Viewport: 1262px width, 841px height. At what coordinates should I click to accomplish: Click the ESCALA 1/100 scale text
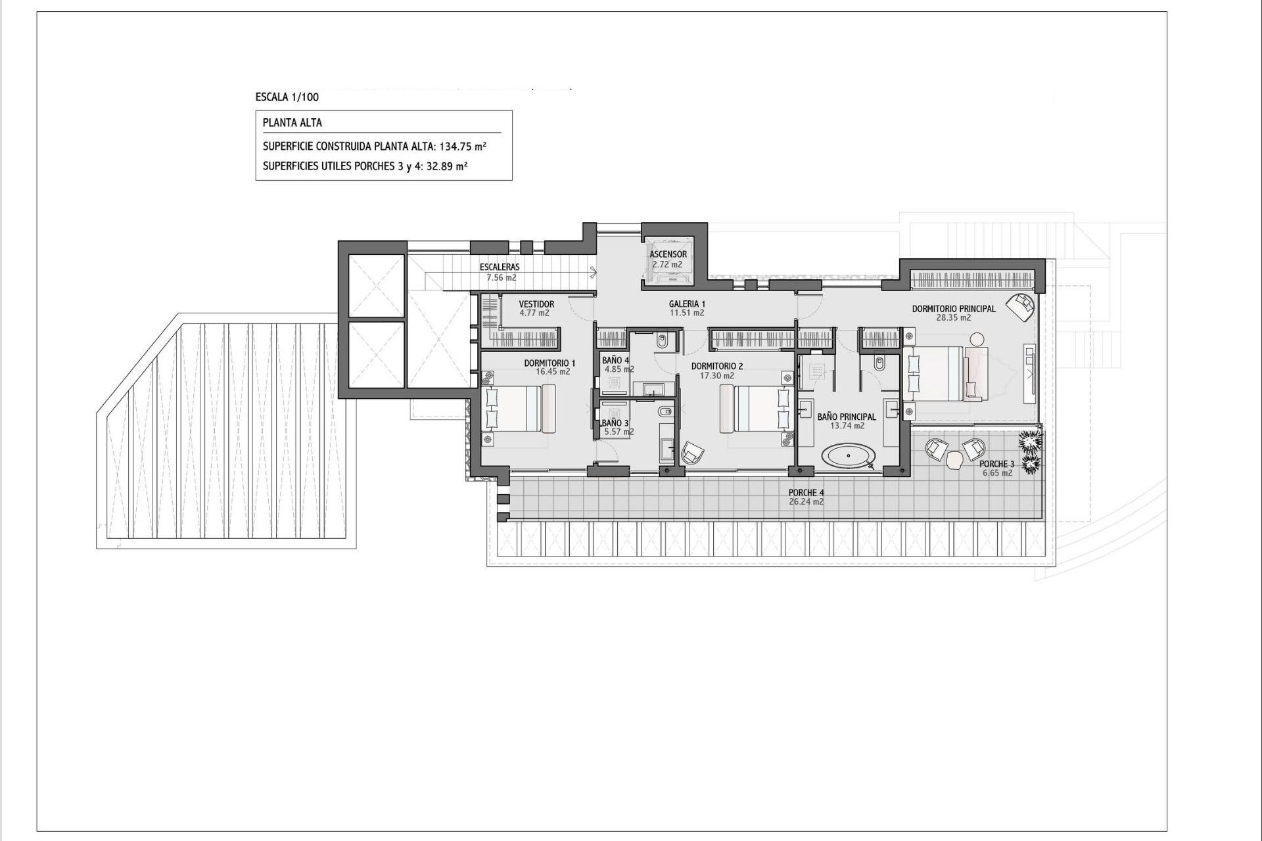pos(287,97)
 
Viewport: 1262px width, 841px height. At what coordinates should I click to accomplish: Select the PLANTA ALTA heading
pos(292,123)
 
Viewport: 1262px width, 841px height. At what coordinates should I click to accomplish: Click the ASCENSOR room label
pos(668,254)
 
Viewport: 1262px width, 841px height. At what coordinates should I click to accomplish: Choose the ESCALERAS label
pos(500,267)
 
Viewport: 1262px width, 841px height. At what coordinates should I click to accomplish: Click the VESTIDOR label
pos(536,304)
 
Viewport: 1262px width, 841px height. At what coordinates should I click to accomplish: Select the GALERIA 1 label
pos(687,304)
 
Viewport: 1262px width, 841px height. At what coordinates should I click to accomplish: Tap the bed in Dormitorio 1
pos(519,409)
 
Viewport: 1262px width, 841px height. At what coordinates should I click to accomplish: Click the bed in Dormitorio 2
pos(756,409)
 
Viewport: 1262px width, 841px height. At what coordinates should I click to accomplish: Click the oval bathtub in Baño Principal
pos(849,455)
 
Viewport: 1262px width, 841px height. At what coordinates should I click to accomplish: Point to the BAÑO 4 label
pos(615,361)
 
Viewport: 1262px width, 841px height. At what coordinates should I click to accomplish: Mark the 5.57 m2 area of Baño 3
pos(619,432)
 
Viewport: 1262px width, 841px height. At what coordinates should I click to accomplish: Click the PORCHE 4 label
pos(806,493)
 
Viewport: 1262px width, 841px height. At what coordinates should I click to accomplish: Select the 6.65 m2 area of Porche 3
pos(997,473)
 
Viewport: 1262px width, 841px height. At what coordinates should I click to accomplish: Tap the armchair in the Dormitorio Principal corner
pos(1021,306)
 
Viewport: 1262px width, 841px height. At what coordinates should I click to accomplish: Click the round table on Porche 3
pos(954,462)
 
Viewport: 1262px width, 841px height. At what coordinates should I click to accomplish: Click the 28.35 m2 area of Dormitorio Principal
pos(953,318)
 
